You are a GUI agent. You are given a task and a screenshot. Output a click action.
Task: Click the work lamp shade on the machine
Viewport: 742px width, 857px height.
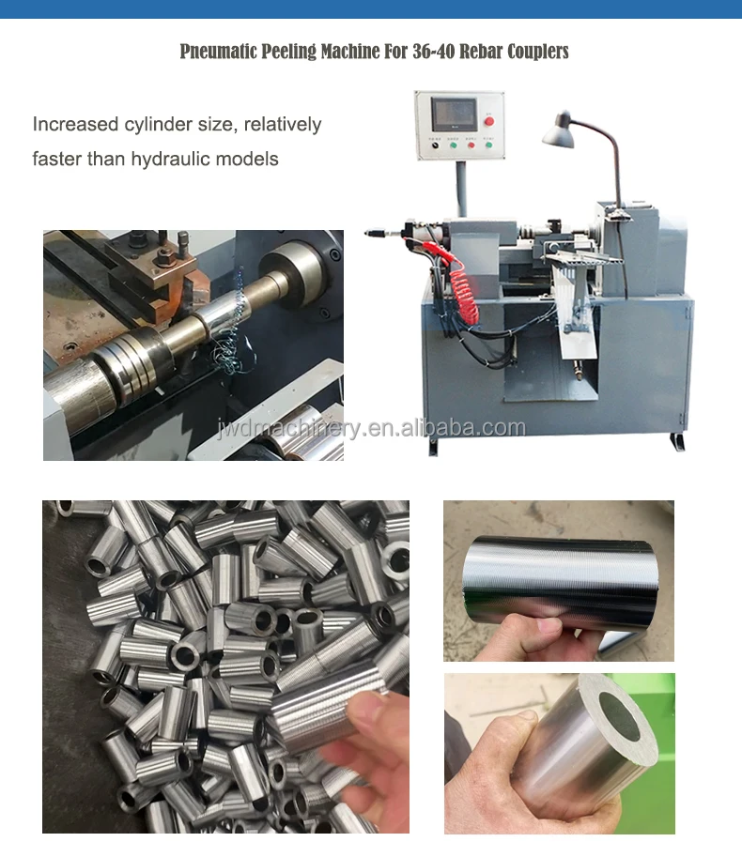(559, 131)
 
